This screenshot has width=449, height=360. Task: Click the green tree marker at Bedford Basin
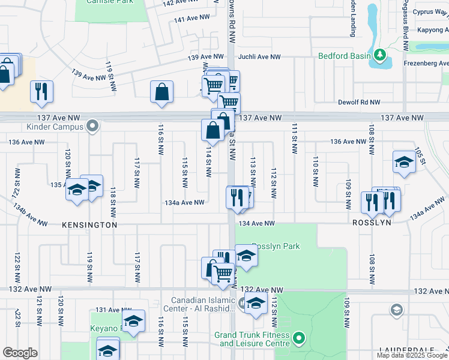point(379,56)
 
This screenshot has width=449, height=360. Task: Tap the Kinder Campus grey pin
point(92,126)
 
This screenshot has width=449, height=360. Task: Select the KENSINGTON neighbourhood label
point(89,224)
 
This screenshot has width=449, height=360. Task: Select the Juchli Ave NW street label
point(260,57)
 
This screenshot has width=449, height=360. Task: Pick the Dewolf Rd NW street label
point(359,103)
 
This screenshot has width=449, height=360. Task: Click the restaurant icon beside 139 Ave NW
point(41,91)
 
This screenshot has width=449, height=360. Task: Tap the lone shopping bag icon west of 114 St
point(162,92)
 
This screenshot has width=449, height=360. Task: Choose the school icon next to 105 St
point(404,162)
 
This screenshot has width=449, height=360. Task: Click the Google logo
point(20,352)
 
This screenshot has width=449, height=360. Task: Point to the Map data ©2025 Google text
point(412,355)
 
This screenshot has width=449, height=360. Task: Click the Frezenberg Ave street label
point(427,63)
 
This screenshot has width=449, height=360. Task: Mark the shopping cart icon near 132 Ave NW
point(223,274)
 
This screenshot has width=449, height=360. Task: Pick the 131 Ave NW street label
point(109,310)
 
